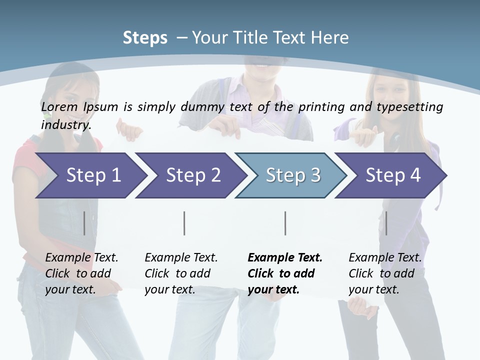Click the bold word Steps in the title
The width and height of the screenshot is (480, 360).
pos(145,38)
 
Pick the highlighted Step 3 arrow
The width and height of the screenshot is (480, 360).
pos(291,175)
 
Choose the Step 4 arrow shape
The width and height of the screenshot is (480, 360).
pos(391,175)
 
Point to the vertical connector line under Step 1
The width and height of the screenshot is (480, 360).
pos(84,223)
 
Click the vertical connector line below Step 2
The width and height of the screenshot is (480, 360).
pos(184,223)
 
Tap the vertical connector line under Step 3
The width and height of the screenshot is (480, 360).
pos(285,223)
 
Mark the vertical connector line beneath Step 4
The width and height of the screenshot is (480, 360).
pos(386,223)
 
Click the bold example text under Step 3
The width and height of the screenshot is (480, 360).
pos(285,273)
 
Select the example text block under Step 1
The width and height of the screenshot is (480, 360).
pos(81,273)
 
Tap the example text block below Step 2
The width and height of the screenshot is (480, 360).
pos(181,273)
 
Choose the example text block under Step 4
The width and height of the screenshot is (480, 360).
pos(385,273)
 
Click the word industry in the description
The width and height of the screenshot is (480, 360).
pos(66,124)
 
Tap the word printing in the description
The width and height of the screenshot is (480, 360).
pos(320,107)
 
